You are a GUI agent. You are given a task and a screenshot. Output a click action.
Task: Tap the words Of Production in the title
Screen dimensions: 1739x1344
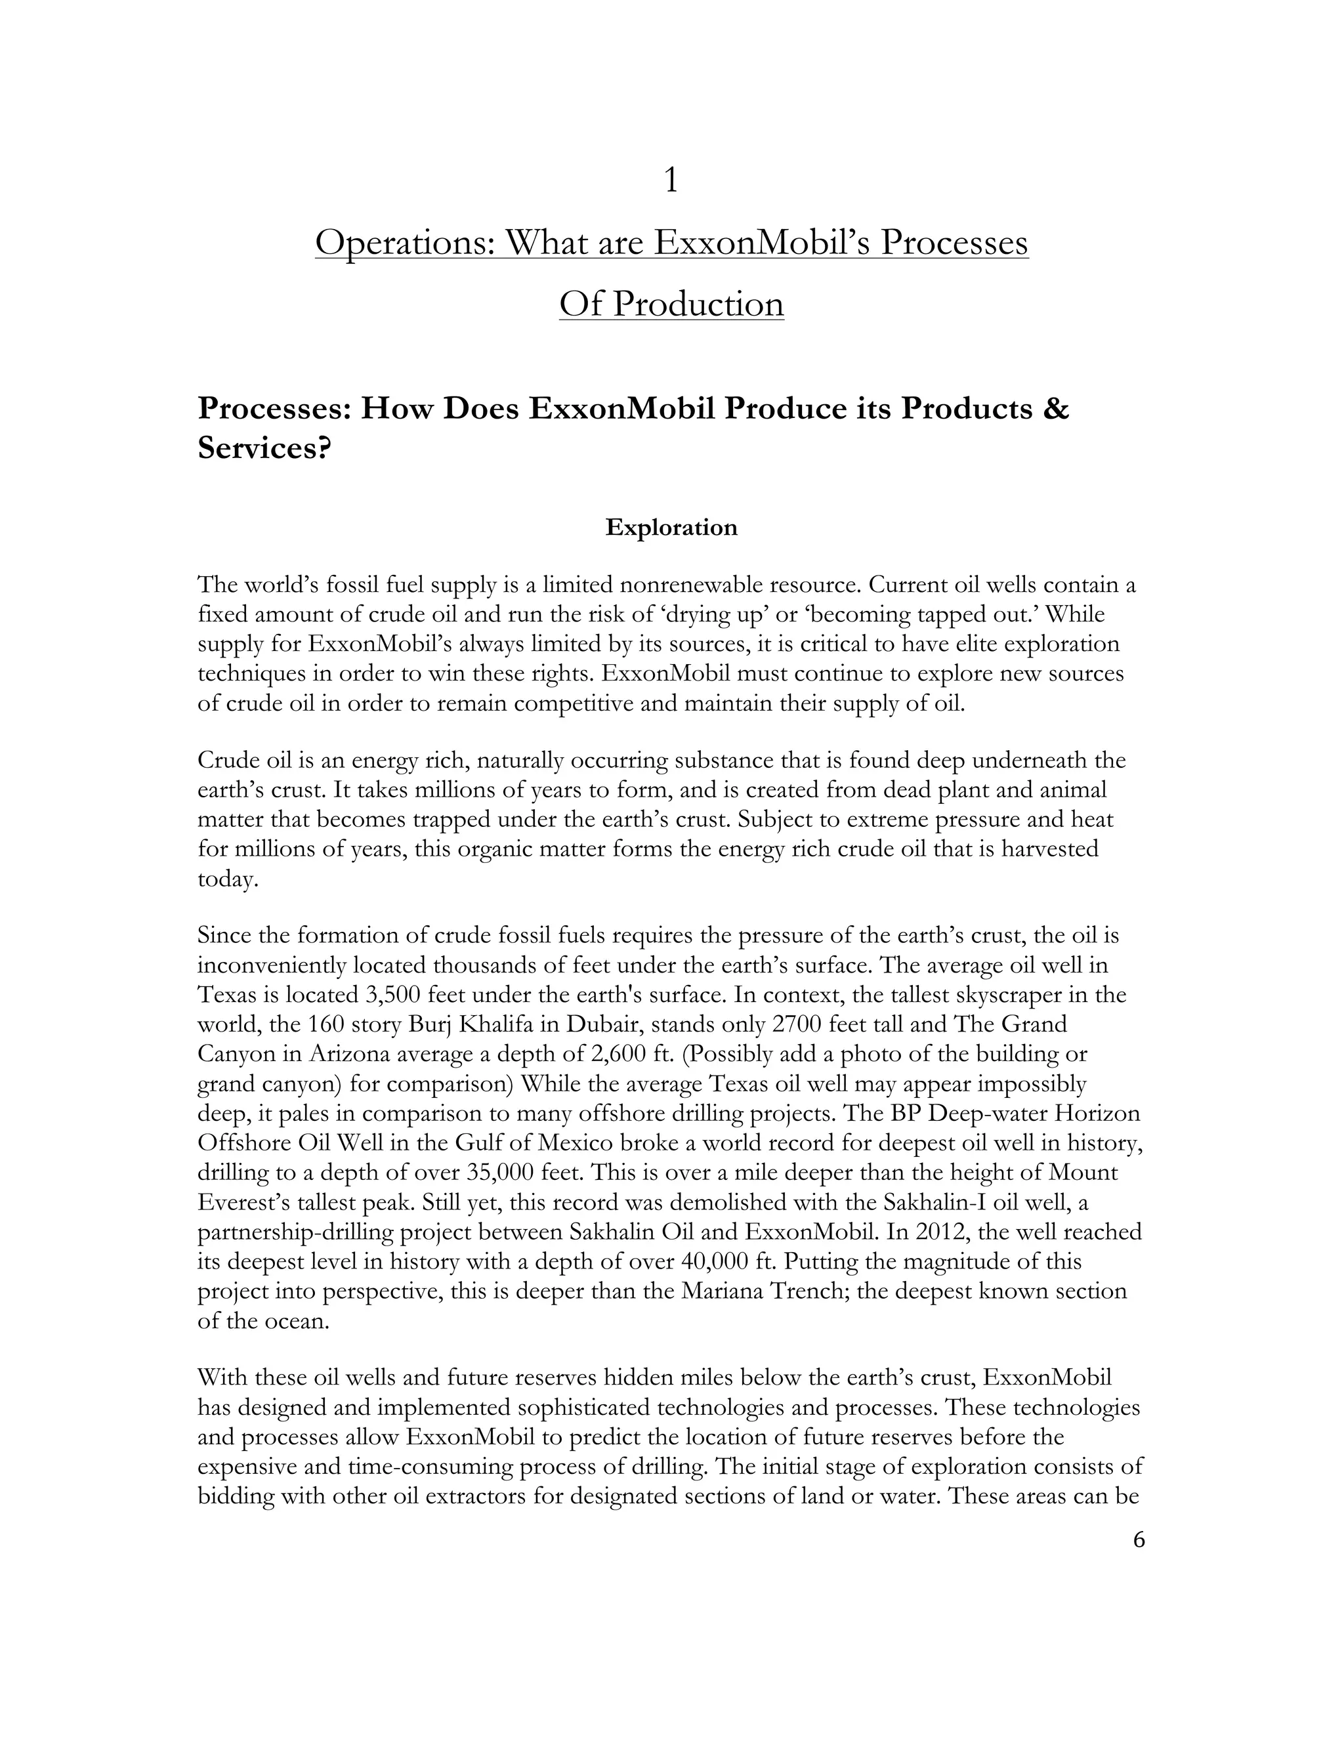point(671,304)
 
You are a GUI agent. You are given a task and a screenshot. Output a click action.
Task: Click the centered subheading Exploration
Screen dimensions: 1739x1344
point(671,528)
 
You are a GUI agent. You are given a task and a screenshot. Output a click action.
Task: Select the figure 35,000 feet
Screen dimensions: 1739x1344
point(499,1172)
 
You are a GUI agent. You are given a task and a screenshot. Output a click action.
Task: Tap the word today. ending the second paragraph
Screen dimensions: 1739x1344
point(228,880)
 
